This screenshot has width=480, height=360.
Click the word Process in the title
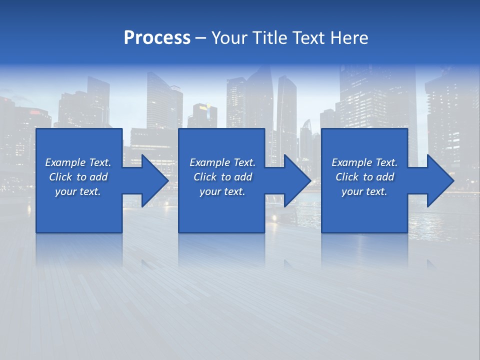[157, 38]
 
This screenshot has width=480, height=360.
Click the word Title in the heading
[269, 38]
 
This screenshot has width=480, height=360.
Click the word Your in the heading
[229, 38]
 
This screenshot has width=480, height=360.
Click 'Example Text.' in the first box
[78, 162]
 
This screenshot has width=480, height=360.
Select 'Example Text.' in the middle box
[222, 162]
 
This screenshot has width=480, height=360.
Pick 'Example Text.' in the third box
[364, 162]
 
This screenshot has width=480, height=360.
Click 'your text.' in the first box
[78, 191]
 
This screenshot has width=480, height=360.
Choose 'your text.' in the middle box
[222, 191]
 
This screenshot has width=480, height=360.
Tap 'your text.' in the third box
[364, 191]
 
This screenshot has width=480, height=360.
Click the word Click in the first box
[61, 177]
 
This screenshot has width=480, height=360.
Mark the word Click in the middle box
[205, 177]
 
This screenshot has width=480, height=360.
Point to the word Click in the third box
[347, 177]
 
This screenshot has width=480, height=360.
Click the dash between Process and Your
[200, 38]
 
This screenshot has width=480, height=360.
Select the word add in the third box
[384, 177]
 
